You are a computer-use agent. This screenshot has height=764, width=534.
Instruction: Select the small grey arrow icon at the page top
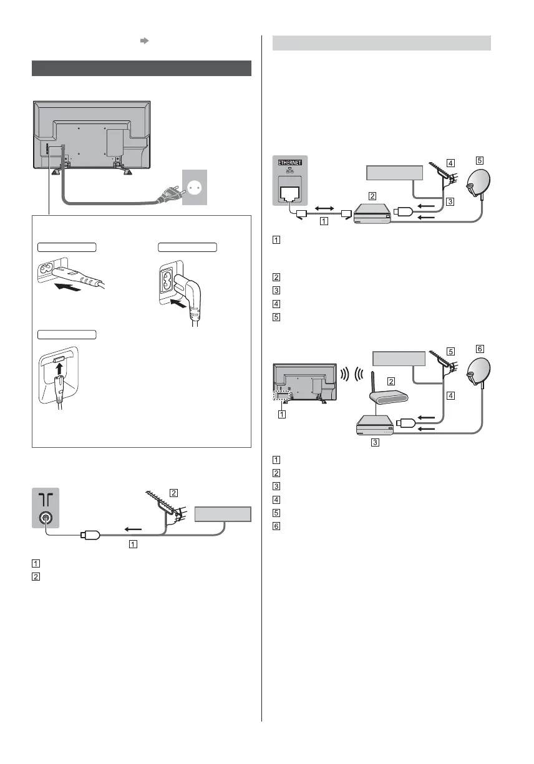tap(143, 41)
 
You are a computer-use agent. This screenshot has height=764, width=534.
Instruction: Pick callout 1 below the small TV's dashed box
tap(282, 413)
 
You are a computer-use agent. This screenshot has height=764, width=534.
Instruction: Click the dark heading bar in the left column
tap(141, 68)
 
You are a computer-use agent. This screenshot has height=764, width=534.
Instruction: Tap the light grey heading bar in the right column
tap(382, 42)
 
